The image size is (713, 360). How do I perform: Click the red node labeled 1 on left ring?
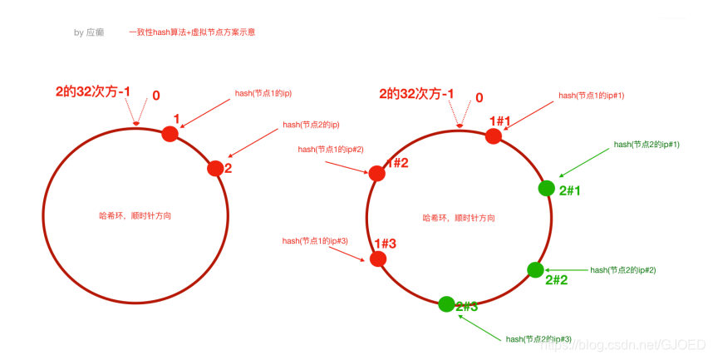[x=170, y=133]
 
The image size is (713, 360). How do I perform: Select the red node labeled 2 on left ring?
[x=215, y=168]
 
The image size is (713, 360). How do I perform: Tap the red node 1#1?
[x=494, y=136]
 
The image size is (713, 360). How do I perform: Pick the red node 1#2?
[x=376, y=173]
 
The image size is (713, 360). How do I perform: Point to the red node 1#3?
[x=378, y=259]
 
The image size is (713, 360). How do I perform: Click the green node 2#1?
[x=546, y=188]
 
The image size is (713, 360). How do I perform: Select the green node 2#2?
[x=535, y=269]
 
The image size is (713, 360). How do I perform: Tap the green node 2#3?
[x=446, y=304]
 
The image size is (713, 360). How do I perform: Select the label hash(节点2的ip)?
[x=311, y=125]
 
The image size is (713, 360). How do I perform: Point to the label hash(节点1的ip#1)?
[x=591, y=96]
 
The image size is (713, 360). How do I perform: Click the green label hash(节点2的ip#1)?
[x=647, y=145]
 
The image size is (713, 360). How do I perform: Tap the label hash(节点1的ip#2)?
[x=330, y=149]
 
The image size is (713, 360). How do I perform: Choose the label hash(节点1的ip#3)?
[x=315, y=241]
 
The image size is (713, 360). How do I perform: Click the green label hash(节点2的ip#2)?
[x=622, y=270]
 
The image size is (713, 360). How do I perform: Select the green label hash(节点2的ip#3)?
[x=538, y=339]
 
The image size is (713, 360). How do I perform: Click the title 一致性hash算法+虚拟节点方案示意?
[x=192, y=32]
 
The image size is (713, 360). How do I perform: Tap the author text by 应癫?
[x=89, y=33]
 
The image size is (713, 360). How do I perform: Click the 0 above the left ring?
[x=156, y=96]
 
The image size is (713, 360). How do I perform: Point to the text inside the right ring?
[x=460, y=217]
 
